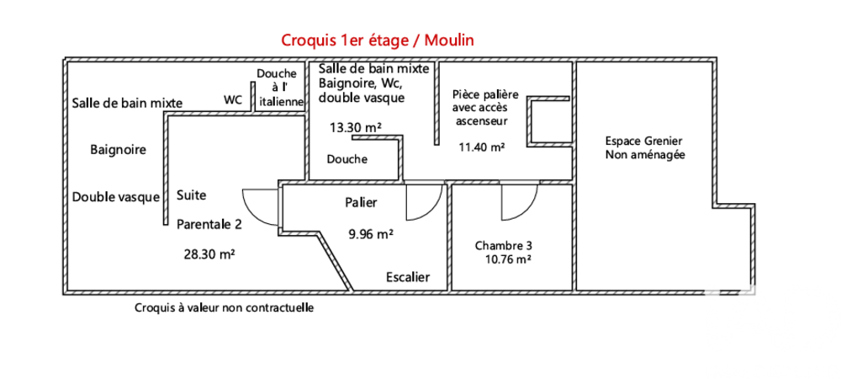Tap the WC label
tap(233, 99)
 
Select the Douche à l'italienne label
tap(281, 87)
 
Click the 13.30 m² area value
tap(356, 127)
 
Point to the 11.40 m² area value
tap(481, 147)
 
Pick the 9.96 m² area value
tap(372, 235)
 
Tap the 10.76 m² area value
tap(507, 259)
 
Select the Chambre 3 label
tap(503, 246)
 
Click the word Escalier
tap(408, 277)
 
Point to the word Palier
tap(361, 203)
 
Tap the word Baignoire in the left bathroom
tap(118, 150)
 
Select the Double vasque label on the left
tap(116, 197)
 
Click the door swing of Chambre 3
tap(517, 202)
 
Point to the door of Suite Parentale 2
tap(259, 206)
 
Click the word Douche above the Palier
tap(346, 159)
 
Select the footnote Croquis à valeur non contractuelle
tap(224, 308)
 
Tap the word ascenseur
tap(481, 120)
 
